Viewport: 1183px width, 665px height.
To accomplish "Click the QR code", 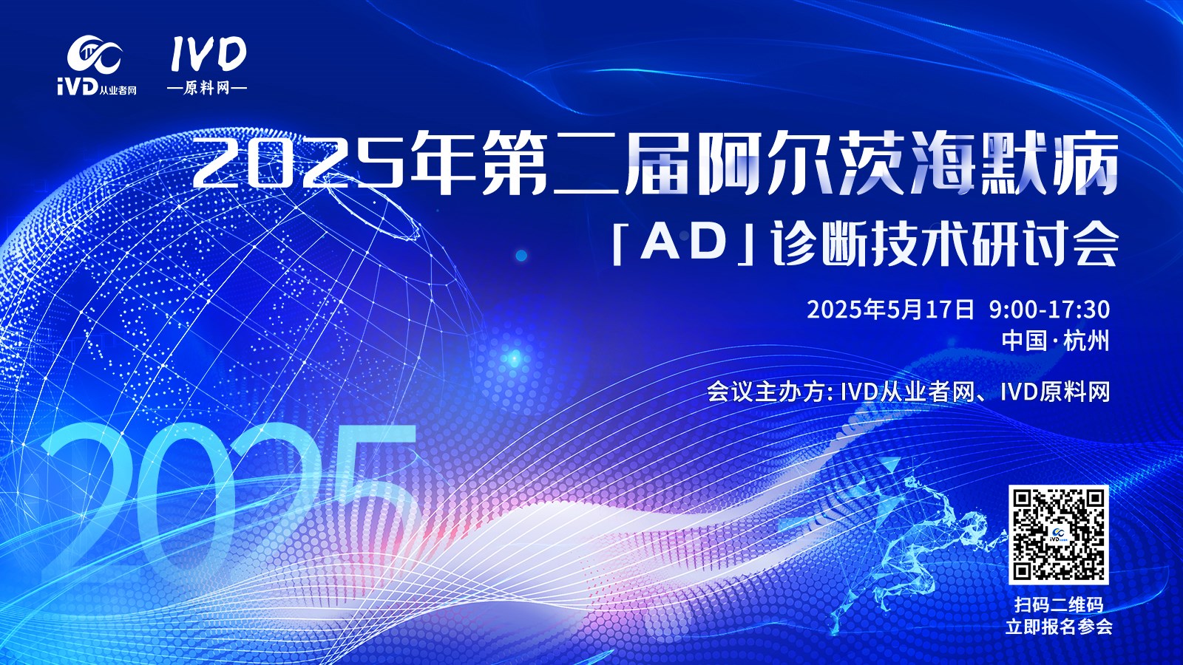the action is [x=1058, y=534].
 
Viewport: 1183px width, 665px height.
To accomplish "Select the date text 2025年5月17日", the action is [x=890, y=310].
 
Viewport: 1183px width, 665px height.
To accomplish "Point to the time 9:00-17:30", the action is [x=1049, y=310].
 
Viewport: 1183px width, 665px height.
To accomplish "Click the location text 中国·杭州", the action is [x=1056, y=341].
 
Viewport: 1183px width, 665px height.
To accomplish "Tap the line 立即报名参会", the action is [x=1059, y=627].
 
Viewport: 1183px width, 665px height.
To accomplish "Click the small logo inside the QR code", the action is [x=1058, y=535].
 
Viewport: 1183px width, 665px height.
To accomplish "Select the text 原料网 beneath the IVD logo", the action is [x=207, y=88].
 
